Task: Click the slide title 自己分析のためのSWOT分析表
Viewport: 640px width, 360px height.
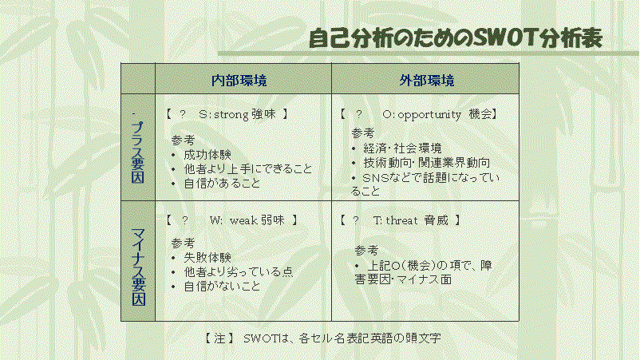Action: (x=456, y=38)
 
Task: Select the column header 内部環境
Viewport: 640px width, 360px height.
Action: (x=239, y=81)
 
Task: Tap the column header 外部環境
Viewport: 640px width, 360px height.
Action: (x=426, y=81)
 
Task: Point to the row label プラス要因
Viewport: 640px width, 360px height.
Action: (x=138, y=152)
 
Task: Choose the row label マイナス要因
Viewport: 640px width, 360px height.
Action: (x=138, y=267)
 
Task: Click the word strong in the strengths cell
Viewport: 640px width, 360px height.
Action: (x=231, y=115)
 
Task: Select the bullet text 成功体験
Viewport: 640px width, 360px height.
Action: (x=207, y=155)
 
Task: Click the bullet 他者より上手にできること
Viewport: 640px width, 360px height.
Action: (x=248, y=169)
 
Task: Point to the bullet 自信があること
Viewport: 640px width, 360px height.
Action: (x=222, y=184)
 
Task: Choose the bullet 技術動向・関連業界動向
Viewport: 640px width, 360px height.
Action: (x=426, y=163)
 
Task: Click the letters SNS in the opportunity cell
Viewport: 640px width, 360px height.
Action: (x=376, y=178)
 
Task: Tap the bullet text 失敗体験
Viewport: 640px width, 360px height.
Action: (x=207, y=258)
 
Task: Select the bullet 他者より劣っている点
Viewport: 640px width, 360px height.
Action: (x=239, y=272)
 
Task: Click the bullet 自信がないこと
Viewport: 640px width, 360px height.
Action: (x=222, y=286)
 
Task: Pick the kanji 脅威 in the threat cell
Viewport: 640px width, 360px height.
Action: (x=436, y=220)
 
